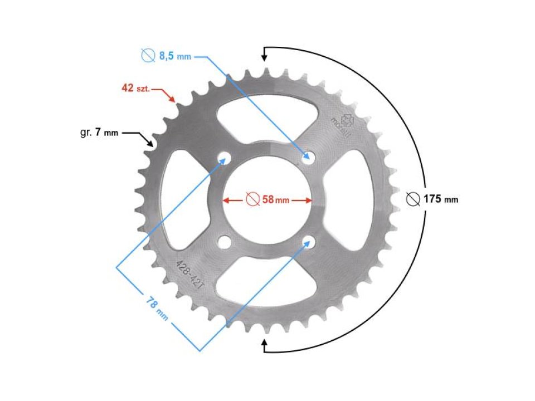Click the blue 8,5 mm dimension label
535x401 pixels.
tap(174, 56)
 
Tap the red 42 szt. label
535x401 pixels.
tap(136, 88)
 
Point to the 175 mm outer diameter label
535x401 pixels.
tap(440, 199)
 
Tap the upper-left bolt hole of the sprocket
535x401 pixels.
tap(225, 158)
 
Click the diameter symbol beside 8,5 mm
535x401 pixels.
tap(148, 56)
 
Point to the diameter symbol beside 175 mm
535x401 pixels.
tap(413, 199)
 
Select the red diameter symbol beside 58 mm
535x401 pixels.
tap(251, 199)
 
